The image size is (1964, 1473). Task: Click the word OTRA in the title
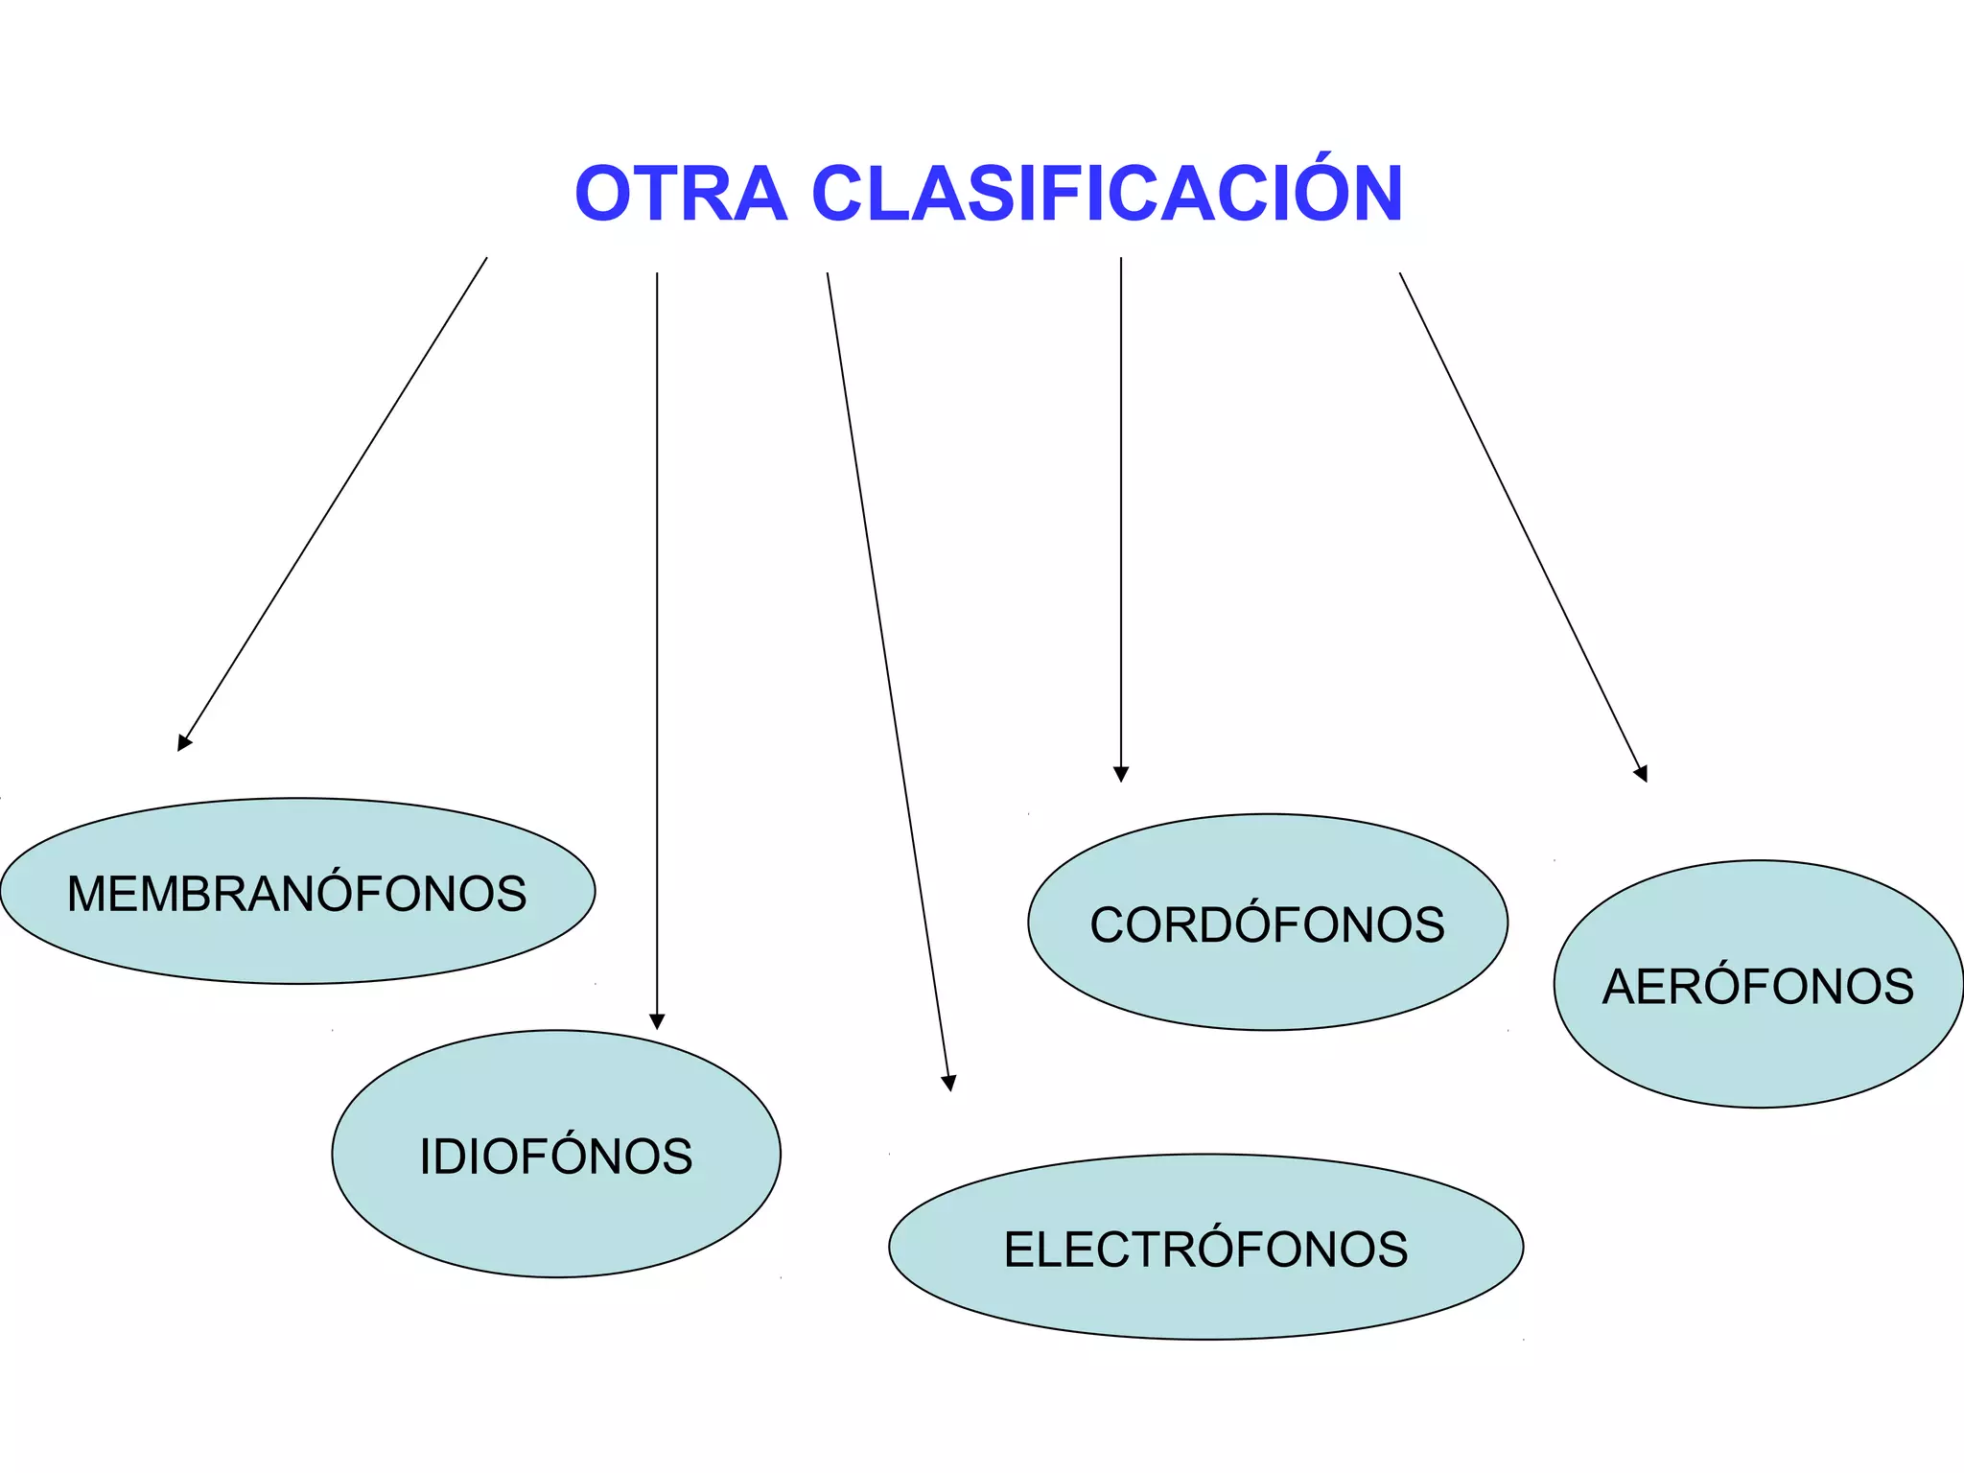coord(680,194)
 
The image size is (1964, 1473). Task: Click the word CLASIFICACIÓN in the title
coord(1108,194)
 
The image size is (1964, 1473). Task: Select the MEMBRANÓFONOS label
coord(296,894)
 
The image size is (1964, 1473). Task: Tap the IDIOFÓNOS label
coord(556,1156)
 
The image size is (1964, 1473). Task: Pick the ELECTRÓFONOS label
coord(1205,1250)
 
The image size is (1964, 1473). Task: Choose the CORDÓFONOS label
coord(1267,925)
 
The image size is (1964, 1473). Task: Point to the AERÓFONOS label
coord(1758,987)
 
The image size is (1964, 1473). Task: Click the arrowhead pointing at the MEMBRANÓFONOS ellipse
coord(184,742)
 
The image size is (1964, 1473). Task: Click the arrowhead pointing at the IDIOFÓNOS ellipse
coord(657,1021)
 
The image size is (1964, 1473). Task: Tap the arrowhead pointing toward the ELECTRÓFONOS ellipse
coord(948,1083)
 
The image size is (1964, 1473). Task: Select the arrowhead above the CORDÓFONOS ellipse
coord(1121,774)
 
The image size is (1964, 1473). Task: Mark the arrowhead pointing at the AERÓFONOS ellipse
coord(1642,773)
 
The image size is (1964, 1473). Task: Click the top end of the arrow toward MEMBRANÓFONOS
coord(486,259)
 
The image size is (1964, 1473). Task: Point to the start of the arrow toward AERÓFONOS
coord(1400,274)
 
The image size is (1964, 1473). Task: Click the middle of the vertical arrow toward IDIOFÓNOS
coord(657,650)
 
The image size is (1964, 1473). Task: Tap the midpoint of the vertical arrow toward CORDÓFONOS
coord(1121,518)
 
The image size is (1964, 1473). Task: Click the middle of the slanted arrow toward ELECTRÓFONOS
coord(888,681)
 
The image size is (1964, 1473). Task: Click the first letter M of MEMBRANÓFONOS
coord(84,894)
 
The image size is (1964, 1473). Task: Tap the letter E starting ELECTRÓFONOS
coord(1017,1250)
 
